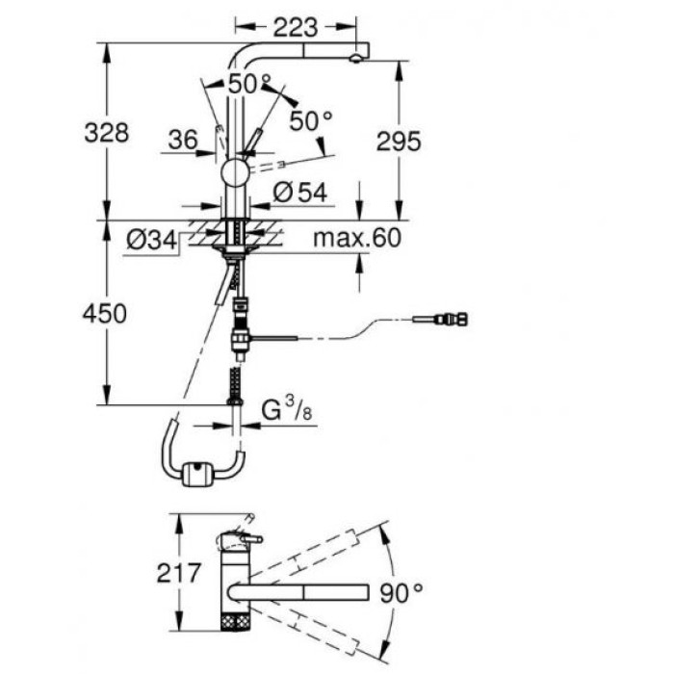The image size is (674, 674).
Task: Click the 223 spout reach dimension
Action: (296, 28)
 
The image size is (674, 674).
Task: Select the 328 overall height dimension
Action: (106, 133)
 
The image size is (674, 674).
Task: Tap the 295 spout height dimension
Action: (399, 141)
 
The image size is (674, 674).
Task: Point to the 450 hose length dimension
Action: (104, 313)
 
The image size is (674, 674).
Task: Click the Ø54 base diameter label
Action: (300, 193)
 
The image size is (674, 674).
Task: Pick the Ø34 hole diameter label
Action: (151, 240)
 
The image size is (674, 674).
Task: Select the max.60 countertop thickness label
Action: (357, 238)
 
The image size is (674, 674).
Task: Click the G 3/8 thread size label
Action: (287, 408)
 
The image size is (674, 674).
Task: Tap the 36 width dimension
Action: (183, 140)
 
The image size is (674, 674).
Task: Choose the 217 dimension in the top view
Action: (179, 573)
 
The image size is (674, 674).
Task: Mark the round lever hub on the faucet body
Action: (235, 173)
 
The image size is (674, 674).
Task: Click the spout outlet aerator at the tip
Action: (356, 59)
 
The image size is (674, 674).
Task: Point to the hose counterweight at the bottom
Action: (196, 474)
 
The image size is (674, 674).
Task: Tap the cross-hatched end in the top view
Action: (235, 621)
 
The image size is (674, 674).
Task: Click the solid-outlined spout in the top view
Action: (298, 592)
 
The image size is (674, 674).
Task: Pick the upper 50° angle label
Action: (249, 84)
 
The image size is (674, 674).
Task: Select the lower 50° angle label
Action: (311, 120)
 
